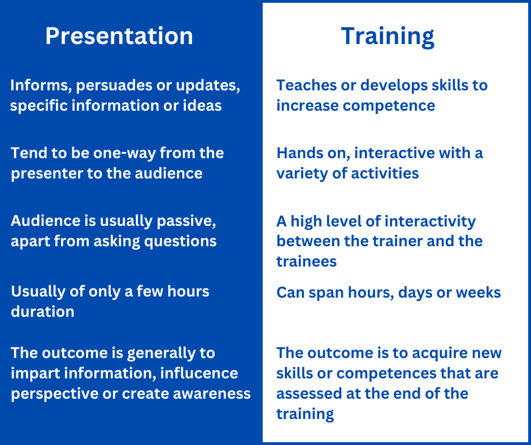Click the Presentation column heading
(x=119, y=36)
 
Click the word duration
(x=43, y=312)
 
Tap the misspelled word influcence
(x=199, y=373)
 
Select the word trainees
(x=307, y=262)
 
